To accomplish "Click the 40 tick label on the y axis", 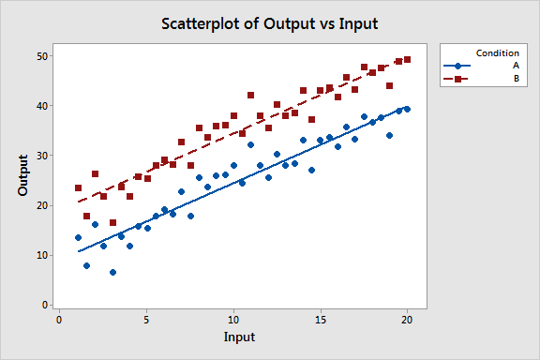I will (x=41, y=106).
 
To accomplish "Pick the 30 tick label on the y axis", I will (x=41, y=156).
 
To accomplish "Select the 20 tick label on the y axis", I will (x=41, y=205).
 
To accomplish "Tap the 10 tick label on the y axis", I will (x=41, y=255).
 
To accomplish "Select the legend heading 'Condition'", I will (x=498, y=52).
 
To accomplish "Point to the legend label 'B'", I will (x=516, y=79).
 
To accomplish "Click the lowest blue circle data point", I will (x=112, y=272).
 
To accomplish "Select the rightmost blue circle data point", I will (x=407, y=109).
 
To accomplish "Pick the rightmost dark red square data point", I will (x=407, y=59).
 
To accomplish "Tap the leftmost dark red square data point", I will (x=78, y=187).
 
